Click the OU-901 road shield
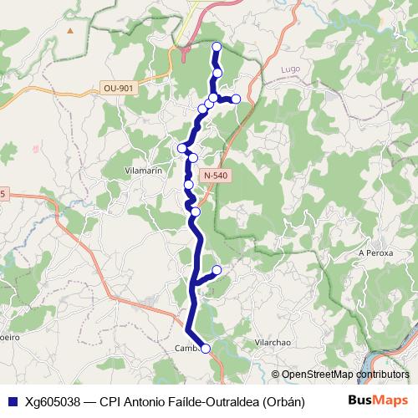point(117,87)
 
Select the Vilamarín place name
point(143,170)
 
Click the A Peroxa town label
point(375,252)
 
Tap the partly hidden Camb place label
point(185,349)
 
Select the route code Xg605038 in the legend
point(53,400)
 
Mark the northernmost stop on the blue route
point(217,47)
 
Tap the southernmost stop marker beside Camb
point(206,349)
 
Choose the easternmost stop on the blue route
point(236,99)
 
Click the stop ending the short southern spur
point(217,269)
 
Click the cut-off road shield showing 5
point(3,195)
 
